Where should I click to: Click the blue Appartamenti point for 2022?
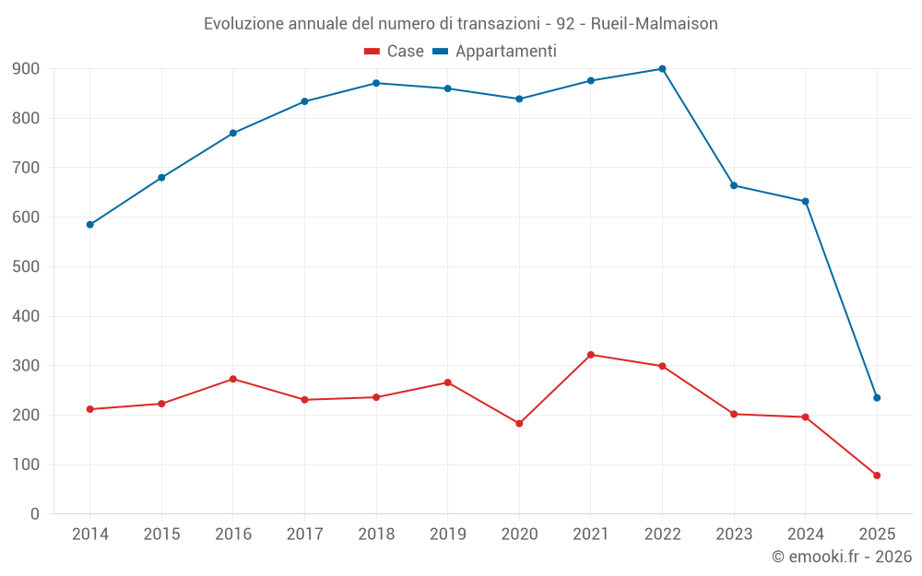point(662,69)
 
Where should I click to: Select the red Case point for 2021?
point(591,355)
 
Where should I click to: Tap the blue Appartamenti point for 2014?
point(89,225)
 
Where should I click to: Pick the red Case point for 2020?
point(519,424)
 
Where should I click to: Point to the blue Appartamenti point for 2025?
point(877,398)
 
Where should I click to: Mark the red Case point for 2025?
point(877,476)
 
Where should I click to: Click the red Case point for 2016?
point(233,379)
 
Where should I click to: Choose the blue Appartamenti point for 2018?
point(376,83)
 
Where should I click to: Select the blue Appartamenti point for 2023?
point(734,185)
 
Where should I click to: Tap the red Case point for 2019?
point(448,382)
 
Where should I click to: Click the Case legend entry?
point(395,52)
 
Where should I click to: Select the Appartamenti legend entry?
point(495,52)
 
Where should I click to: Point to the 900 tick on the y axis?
point(26,69)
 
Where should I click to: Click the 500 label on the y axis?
point(26,267)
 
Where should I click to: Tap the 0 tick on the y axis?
point(34,514)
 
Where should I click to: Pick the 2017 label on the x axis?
point(304,535)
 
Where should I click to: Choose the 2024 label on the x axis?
point(805,535)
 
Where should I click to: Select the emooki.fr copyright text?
point(842,557)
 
